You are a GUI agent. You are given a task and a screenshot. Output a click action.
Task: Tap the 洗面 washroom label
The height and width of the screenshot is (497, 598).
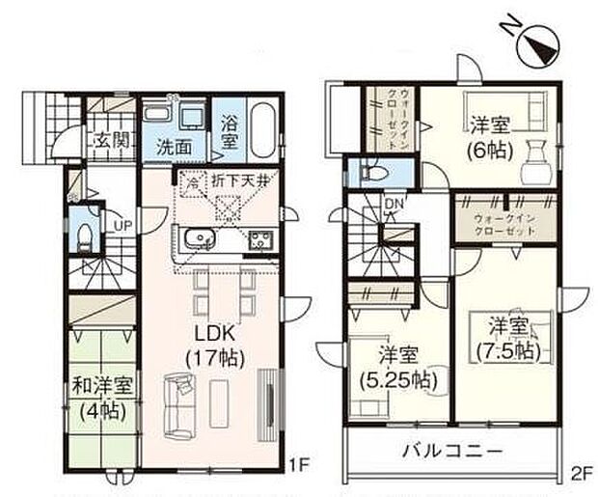pyautogui.click(x=175, y=148)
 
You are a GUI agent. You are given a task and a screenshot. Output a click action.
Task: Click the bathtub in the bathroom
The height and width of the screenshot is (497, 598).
pyautogui.click(x=264, y=130)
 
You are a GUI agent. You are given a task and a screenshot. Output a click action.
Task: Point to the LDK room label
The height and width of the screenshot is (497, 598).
pyautogui.click(x=215, y=333)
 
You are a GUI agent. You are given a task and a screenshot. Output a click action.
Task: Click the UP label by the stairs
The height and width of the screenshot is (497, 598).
pyautogui.click(x=123, y=225)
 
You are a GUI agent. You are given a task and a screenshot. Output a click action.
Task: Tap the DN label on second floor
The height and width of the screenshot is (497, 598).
pyautogui.click(x=393, y=205)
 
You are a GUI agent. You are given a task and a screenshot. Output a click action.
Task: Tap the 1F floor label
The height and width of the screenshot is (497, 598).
pyautogui.click(x=301, y=464)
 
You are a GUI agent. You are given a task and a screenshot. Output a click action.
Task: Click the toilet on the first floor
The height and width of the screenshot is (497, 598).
pyautogui.click(x=83, y=236)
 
